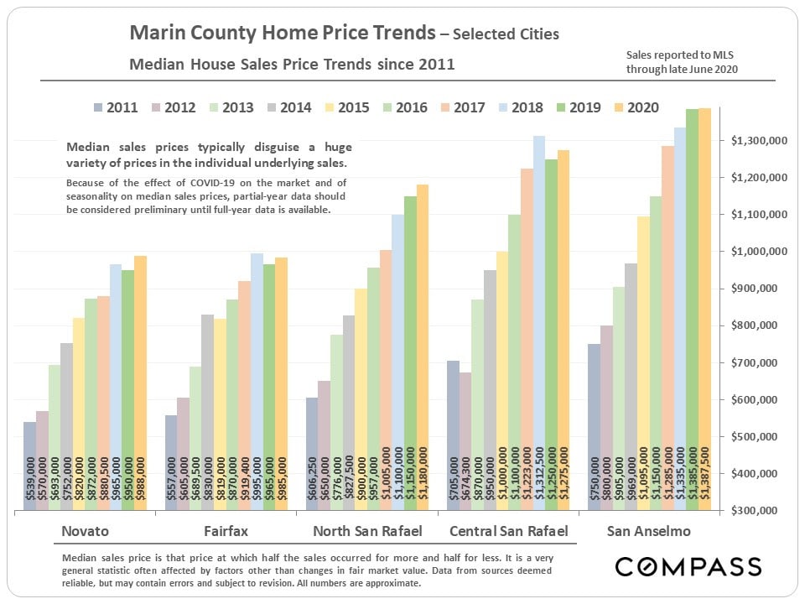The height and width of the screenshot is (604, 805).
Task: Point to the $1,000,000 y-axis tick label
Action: click(x=759, y=252)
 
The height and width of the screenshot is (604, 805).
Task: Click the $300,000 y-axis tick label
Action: click(x=759, y=510)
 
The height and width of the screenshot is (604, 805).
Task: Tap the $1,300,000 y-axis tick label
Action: click(x=759, y=141)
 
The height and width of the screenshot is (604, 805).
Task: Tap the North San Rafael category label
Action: click(x=366, y=531)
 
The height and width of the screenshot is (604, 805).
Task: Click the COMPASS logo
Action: click(x=688, y=566)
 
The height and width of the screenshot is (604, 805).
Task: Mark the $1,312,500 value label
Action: click(x=539, y=474)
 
